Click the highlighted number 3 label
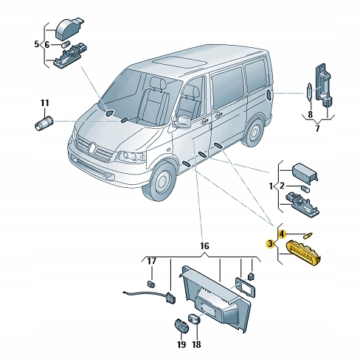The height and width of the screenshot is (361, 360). [x=270, y=243]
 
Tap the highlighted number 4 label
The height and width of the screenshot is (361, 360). [x=281, y=234]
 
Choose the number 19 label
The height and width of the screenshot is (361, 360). [x=181, y=344]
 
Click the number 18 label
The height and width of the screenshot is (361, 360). [x=196, y=344]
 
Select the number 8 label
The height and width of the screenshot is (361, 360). [x=311, y=114]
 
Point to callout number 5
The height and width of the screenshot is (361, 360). [x=36, y=44]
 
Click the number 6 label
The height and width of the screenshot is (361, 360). [x=47, y=44]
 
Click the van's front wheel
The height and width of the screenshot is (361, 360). [x=162, y=182]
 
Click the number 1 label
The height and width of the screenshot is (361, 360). [x=271, y=186]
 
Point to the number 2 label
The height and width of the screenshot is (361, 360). [x=281, y=186]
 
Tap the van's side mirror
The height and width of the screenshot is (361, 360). [x=181, y=121]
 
